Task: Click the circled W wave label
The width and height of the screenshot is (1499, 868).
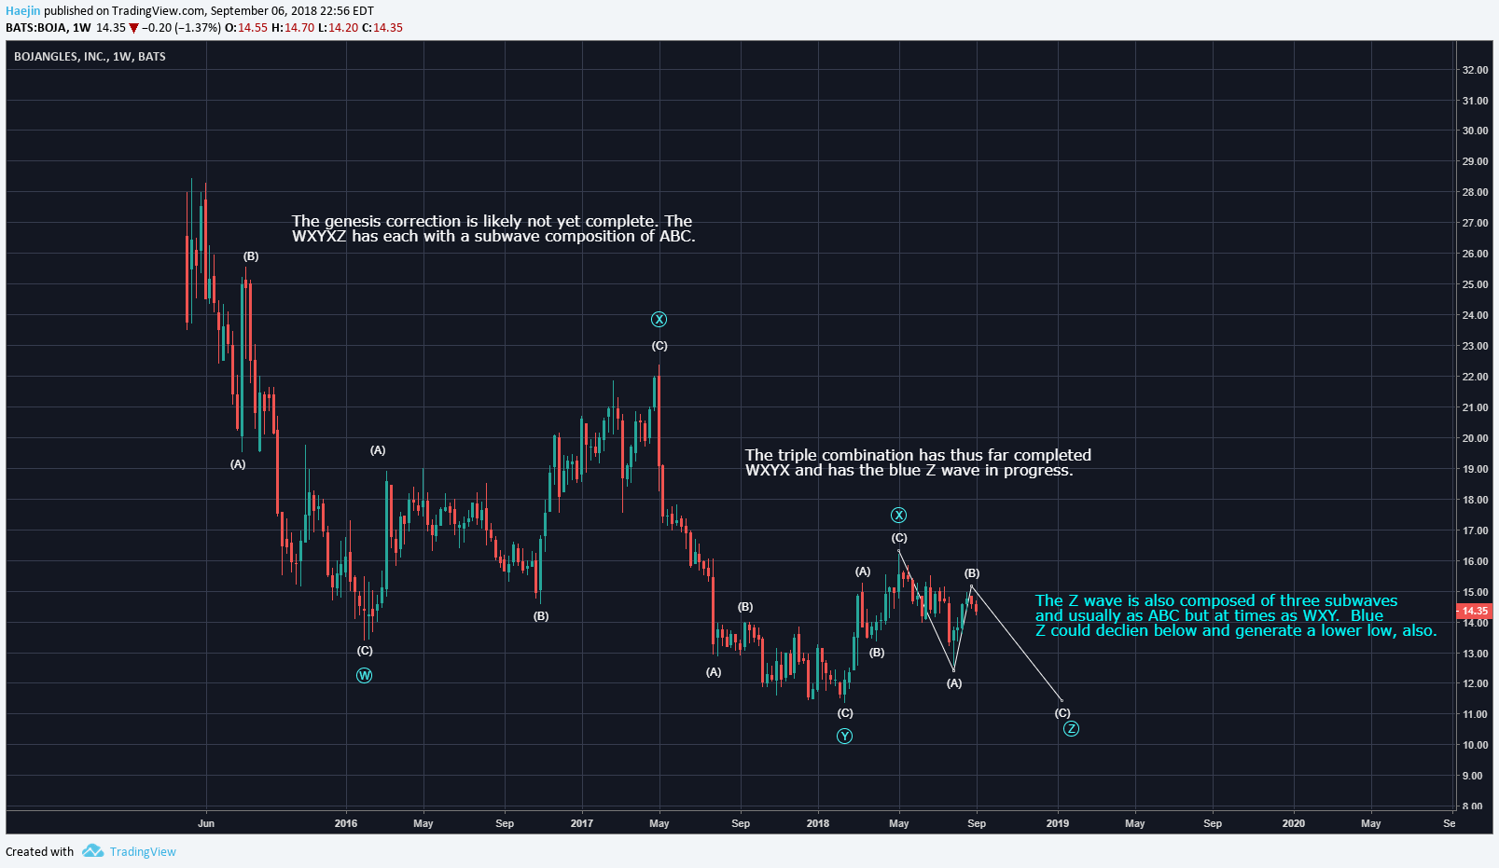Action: point(365,675)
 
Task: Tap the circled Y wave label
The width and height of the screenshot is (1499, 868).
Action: point(844,736)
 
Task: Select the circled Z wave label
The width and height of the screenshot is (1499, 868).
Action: point(1071,728)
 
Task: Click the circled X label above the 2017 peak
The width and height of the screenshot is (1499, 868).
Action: point(659,320)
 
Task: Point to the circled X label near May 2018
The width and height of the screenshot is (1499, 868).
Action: point(898,516)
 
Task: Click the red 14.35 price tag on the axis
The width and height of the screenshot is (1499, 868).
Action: point(1474,611)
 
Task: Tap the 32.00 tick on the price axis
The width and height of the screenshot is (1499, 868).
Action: point(1475,70)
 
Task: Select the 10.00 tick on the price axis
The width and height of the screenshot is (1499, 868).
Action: point(1475,745)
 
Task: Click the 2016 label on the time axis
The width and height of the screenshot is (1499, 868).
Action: point(346,823)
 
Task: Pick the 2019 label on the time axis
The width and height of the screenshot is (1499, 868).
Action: point(1058,823)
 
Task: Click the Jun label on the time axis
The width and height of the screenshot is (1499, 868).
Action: point(206,823)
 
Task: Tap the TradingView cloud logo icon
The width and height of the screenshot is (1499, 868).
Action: point(92,850)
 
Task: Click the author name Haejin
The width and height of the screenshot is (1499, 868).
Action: point(23,11)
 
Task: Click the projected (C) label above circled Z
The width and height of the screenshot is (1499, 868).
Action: point(1062,713)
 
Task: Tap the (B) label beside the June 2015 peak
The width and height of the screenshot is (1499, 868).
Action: point(251,256)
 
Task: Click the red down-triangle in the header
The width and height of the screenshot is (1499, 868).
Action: point(133,28)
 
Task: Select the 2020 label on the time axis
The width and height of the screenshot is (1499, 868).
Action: point(1293,823)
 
